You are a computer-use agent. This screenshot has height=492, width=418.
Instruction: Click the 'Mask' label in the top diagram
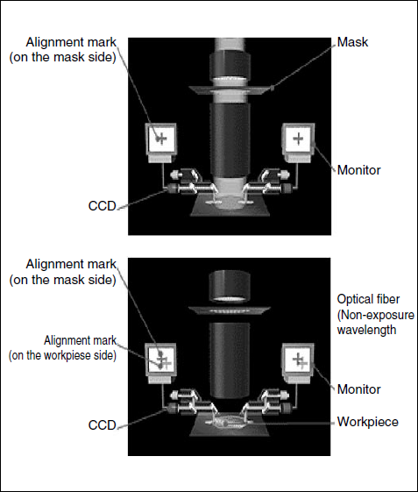[352, 42]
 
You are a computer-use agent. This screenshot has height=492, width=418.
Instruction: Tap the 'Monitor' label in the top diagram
[358, 170]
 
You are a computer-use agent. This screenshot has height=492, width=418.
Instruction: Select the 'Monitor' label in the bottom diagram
[358, 389]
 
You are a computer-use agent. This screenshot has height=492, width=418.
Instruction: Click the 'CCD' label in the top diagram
[103, 206]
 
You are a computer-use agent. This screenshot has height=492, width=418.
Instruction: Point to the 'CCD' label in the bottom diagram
[103, 425]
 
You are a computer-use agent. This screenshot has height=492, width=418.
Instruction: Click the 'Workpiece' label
[367, 422]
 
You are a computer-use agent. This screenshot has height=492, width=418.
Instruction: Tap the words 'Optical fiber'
[368, 299]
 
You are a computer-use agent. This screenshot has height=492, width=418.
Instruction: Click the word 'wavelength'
[366, 330]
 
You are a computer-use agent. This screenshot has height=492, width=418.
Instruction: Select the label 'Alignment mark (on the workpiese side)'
[62, 348]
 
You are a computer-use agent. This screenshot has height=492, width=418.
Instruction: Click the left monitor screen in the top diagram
[161, 139]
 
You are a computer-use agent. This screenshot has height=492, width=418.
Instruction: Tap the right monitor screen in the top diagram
[298, 139]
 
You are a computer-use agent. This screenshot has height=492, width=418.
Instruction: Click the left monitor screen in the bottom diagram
[161, 359]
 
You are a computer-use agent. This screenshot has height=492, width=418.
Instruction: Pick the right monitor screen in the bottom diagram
[298, 359]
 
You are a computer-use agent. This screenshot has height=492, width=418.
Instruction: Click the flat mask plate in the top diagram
[230, 89]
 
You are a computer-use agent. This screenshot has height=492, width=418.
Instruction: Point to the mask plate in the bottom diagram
[230, 310]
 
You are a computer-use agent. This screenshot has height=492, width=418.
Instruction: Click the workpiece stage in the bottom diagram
[230, 426]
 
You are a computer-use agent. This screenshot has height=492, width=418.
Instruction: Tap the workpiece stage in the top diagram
[230, 206]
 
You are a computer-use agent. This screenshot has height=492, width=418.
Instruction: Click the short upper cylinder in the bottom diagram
[230, 286]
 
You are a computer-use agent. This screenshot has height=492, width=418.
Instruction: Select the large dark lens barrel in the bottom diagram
[230, 360]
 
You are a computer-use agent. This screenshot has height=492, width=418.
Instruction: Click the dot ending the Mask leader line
[273, 89]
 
